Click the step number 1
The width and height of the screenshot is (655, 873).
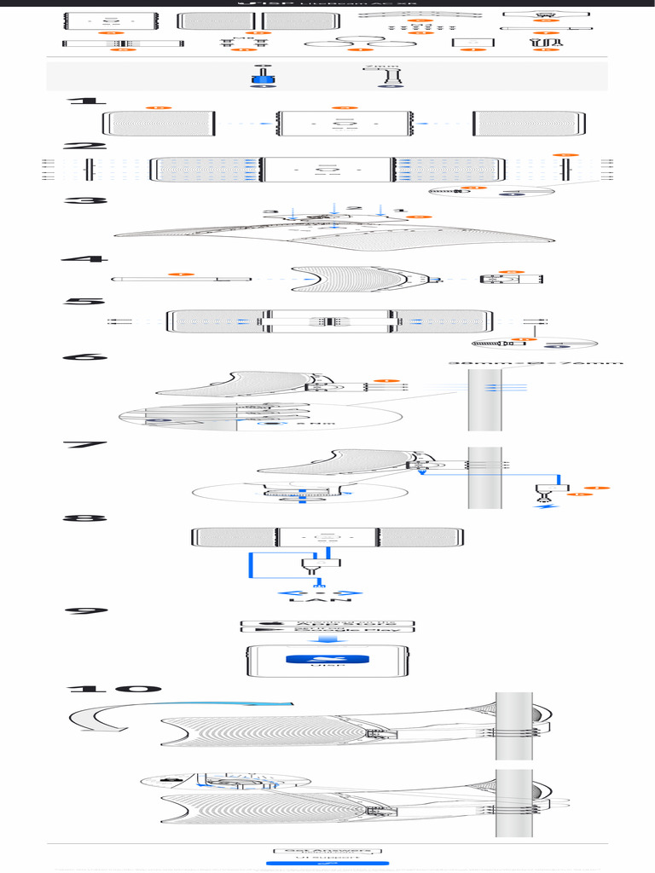(83, 101)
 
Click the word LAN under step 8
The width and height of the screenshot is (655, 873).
(321, 600)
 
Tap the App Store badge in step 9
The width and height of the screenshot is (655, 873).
(327, 624)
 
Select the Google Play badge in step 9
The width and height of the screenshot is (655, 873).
(327, 631)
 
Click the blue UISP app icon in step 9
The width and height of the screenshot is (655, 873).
(327, 659)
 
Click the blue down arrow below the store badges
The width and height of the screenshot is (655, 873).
(327, 639)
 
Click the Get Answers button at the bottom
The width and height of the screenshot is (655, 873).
(327, 850)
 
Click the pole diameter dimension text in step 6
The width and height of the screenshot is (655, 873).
(536, 363)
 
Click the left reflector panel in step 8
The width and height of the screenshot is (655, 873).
(232, 537)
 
